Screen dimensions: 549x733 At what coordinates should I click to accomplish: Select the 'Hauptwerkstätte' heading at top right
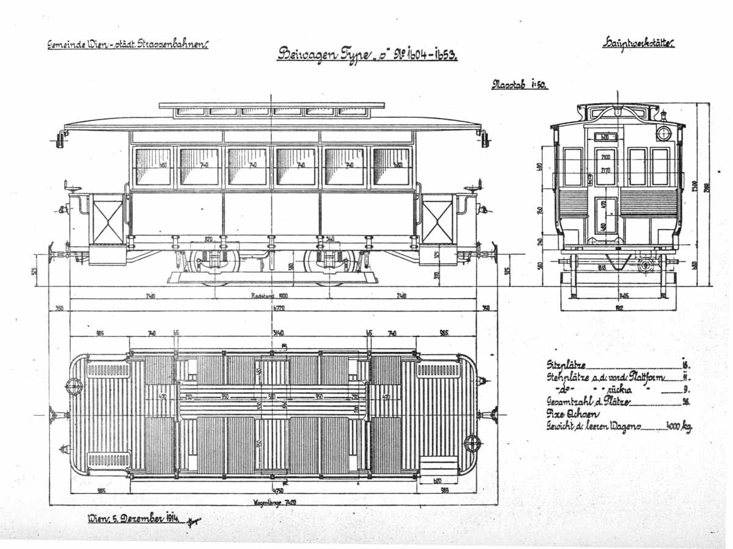(x=638, y=43)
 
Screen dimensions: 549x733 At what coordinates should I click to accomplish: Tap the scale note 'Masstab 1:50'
(x=519, y=85)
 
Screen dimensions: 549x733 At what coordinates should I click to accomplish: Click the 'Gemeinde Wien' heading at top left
(x=128, y=44)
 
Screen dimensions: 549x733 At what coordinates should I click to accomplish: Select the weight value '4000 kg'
(x=678, y=426)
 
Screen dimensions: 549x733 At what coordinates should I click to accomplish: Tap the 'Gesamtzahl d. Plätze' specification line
(x=588, y=401)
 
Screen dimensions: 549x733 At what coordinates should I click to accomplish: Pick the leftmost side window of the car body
(x=153, y=166)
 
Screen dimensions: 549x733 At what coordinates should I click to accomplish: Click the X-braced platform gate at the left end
(x=108, y=219)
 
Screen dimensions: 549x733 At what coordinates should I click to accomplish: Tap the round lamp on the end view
(x=663, y=133)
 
